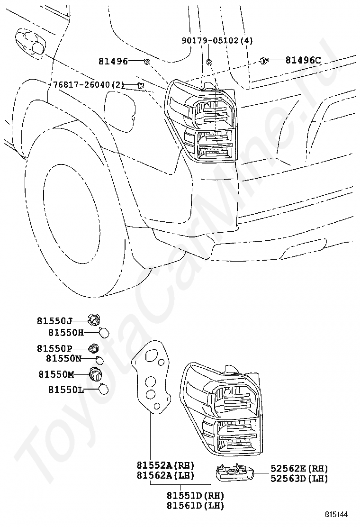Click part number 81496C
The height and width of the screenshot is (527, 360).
tap(303, 60)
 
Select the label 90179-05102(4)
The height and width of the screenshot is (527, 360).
tap(217, 41)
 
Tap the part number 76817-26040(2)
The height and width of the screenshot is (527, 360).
tap(89, 85)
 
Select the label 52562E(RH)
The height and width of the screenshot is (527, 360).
tap(299, 469)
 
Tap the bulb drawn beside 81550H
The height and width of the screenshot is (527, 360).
tap(105, 332)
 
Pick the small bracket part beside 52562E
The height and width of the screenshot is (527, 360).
tap(234, 472)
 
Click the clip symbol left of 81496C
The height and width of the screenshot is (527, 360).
tap(264, 60)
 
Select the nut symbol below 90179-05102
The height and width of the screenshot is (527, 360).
tap(209, 62)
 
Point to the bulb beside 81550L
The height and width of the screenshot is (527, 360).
tap(104, 390)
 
